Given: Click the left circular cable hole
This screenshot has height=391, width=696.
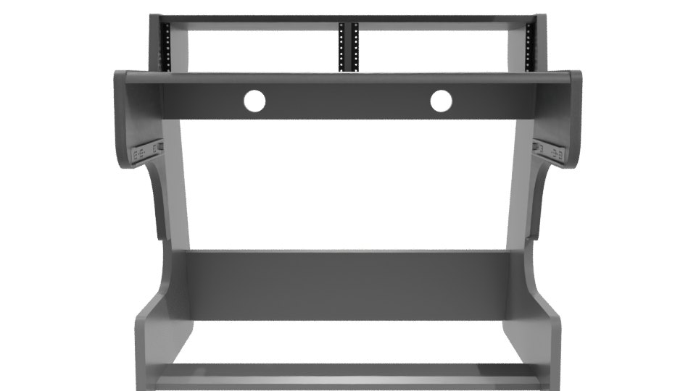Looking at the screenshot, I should click(254, 101).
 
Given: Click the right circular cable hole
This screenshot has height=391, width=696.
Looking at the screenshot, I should click(441, 101).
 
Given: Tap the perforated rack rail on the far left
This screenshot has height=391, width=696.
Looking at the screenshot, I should click(165, 45).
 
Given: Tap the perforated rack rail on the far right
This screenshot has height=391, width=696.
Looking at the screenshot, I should click(529, 45).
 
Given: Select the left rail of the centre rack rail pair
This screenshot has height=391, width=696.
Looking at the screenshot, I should click(341, 46).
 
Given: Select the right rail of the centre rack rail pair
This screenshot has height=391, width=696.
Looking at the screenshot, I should click(355, 46).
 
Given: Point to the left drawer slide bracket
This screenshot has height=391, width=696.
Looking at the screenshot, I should click(143, 151).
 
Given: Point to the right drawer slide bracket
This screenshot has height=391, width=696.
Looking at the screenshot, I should click(552, 151).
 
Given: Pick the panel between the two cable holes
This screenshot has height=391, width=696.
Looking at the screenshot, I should click(348, 101).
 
